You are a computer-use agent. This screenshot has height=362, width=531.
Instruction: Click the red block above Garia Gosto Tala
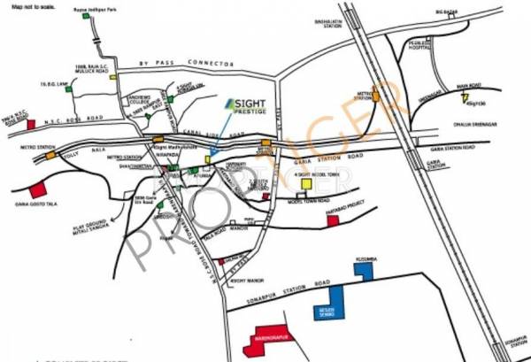tap(37, 189)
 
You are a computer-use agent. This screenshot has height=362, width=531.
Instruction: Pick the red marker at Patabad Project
tap(332, 220)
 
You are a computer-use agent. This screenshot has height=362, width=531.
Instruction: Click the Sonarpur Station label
tap(512, 339)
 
